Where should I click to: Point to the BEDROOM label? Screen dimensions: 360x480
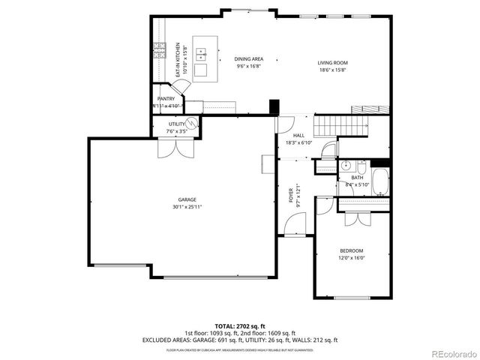(351, 250)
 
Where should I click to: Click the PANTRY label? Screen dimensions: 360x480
(166, 99)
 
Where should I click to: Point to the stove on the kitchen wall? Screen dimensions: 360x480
(159, 51)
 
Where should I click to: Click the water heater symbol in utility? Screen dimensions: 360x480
(191, 124)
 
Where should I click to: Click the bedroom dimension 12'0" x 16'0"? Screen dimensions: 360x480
(351, 257)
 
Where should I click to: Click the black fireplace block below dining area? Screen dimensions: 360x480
(274, 106)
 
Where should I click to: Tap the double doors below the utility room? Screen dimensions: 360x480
(169, 148)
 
